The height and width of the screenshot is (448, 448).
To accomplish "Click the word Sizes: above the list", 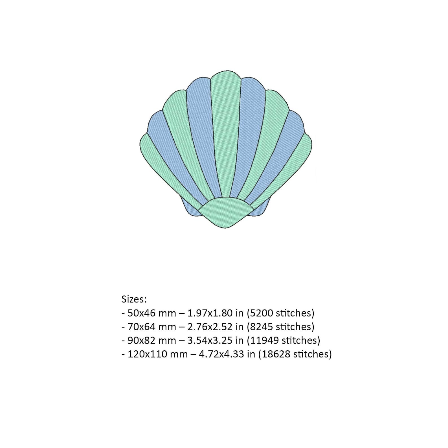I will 134,299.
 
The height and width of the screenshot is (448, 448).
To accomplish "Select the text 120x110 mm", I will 157,354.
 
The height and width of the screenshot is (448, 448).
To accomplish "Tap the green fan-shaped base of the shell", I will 226,212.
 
